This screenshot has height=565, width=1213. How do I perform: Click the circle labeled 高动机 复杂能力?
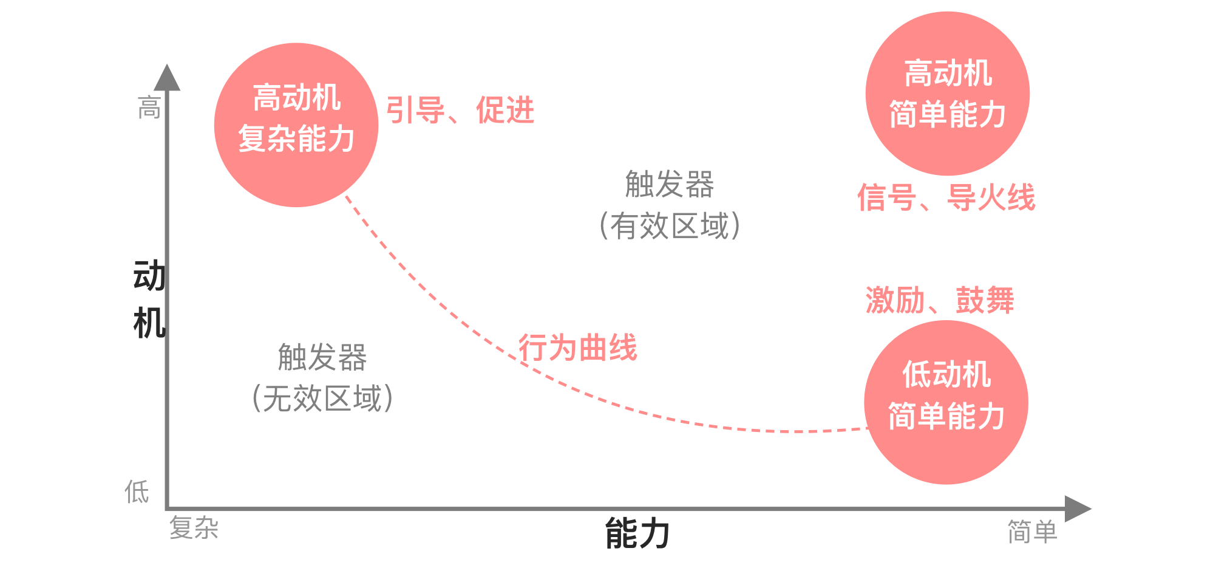296,125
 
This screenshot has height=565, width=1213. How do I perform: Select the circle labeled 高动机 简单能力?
947,94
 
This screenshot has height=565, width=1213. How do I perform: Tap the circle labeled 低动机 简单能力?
946,402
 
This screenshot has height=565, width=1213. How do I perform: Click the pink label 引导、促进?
460,111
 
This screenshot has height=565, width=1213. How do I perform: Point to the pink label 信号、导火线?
946,197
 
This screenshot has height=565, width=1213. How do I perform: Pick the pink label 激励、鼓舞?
940,300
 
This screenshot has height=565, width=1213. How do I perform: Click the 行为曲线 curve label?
577,348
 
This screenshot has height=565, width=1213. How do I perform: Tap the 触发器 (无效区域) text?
322,377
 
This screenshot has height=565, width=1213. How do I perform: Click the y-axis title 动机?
149,299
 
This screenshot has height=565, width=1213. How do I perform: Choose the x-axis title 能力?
637,533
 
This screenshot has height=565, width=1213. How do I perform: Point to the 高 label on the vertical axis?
149,108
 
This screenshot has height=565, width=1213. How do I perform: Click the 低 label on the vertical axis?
137,491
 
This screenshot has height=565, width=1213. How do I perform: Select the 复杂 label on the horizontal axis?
194,527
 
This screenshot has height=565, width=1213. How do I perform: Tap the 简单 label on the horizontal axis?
1032,532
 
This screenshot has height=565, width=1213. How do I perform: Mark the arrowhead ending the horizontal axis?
1077,508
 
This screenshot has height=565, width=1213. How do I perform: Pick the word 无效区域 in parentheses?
322,399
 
